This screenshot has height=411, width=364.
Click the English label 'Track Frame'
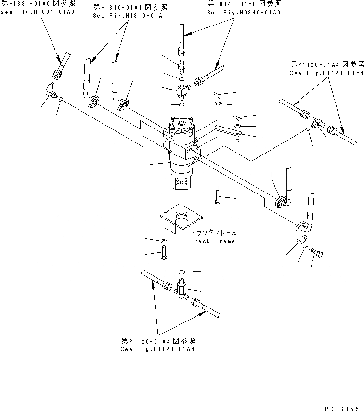[212, 241]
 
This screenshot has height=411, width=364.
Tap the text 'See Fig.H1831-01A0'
[38, 11]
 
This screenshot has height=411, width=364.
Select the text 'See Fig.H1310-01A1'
[130, 16]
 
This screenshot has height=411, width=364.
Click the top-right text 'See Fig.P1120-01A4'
[326, 73]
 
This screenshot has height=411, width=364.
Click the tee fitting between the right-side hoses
[317, 123]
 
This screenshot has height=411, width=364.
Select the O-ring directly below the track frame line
[182, 273]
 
